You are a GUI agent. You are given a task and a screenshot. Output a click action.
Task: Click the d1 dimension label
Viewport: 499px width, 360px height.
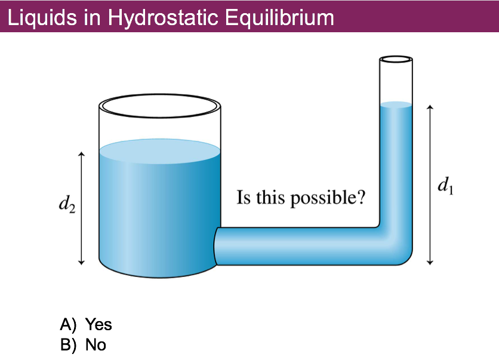tap(445, 186)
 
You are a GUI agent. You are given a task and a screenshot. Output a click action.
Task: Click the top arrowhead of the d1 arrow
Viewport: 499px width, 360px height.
tap(429, 108)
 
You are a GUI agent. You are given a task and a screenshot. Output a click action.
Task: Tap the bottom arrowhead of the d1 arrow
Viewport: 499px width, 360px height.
tap(429, 261)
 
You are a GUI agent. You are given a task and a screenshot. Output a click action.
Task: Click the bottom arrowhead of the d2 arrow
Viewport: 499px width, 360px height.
tap(82, 261)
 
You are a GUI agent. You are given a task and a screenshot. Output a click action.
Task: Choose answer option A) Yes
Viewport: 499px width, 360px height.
tap(86, 324)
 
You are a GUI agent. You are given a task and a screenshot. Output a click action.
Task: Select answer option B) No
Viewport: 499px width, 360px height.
tap(83, 344)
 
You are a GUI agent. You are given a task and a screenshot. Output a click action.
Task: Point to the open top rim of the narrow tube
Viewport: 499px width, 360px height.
tap(396, 60)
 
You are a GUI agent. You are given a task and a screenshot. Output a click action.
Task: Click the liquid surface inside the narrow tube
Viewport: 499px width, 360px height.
tap(396, 105)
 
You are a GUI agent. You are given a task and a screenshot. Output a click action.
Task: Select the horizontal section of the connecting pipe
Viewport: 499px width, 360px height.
tap(298, 245)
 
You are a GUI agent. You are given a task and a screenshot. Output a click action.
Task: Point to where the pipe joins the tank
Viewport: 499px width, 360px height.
tap(217, 246)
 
